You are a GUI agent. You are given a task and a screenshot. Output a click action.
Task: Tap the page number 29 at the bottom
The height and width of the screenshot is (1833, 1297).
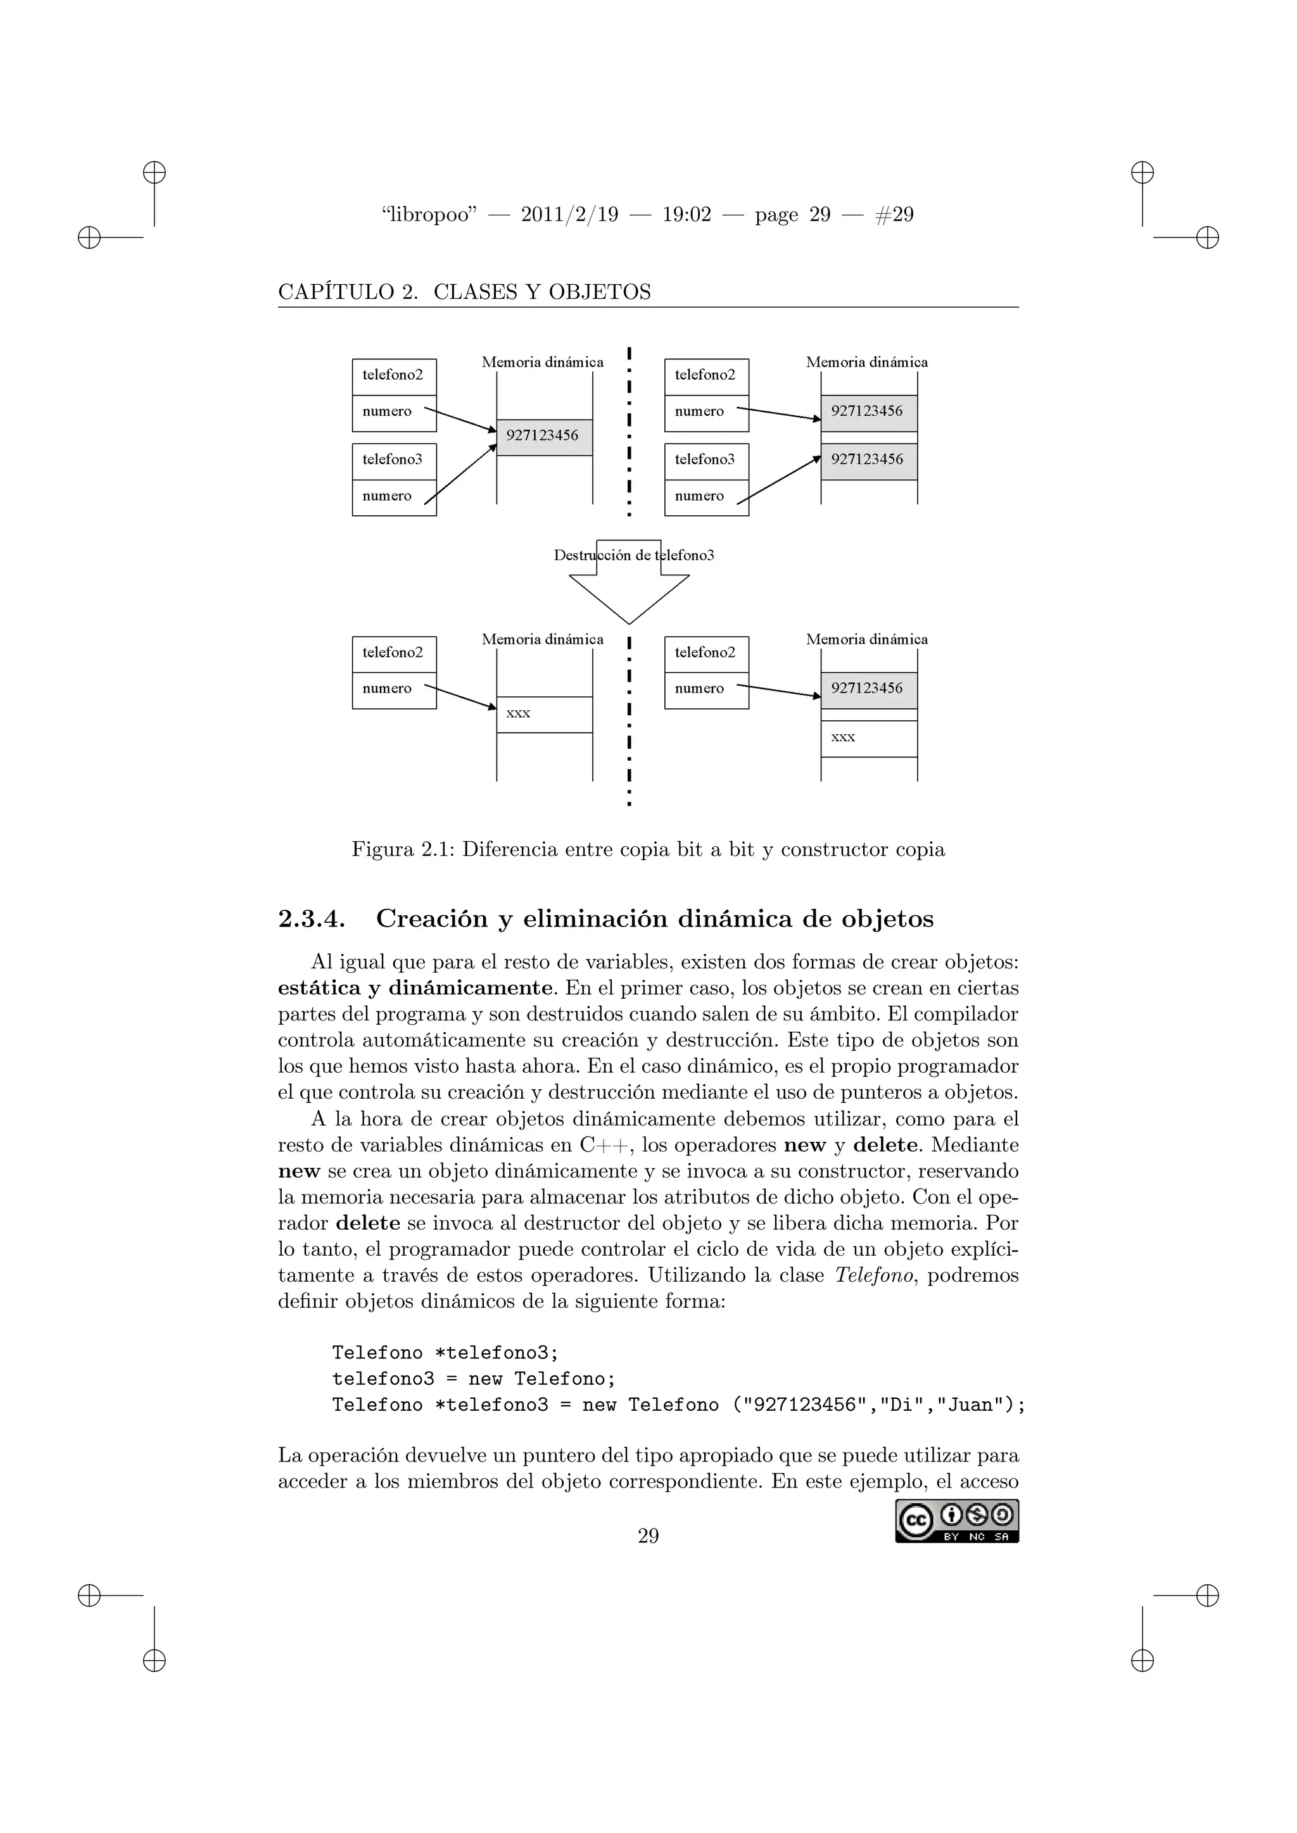[648, 1536]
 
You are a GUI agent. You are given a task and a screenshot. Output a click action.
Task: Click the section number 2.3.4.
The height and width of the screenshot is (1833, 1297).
[312, 919]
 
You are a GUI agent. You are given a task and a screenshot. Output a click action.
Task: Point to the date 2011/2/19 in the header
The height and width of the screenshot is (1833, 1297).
[569, 215]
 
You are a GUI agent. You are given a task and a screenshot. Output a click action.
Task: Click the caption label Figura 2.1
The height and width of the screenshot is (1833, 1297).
[403, 849]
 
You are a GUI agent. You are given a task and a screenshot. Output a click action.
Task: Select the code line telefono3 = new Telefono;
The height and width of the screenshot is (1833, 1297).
[474, 1379]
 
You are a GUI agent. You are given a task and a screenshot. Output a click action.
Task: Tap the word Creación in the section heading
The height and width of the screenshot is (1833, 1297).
[432, 919]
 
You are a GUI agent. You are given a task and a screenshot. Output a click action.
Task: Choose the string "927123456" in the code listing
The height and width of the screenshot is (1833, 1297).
[805, 1405]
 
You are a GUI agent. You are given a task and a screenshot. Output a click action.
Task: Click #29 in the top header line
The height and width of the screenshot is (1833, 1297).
[894, 215]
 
